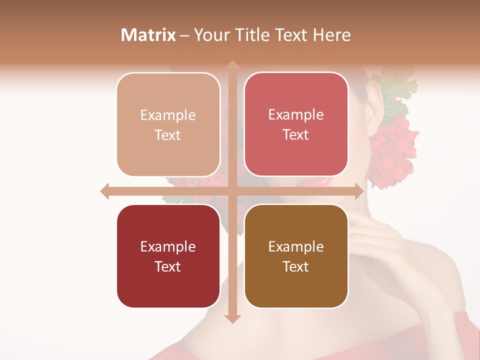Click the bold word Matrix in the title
pos(148,35)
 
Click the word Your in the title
pos(210,35)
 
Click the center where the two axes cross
pos(232,191)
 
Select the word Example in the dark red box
pos(168,246)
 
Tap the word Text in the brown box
pos(296,266)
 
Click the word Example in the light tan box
pos(168,115)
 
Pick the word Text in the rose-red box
pos(296,135)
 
